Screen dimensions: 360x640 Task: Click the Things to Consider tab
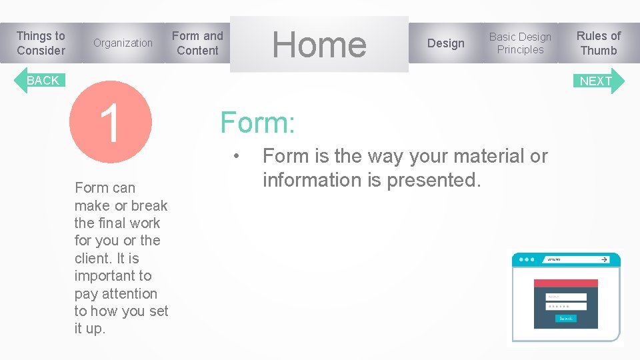coord(41,43)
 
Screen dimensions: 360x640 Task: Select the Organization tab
coord(123,43)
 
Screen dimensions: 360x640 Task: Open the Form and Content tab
coord(197,43)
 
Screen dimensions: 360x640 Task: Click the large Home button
coord(319,45)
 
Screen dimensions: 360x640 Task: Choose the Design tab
coord(445,43)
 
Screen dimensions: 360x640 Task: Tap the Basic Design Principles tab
coord(520,43)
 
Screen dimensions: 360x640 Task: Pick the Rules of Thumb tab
coord(598,43)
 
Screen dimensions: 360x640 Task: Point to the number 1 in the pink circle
coord(111,123)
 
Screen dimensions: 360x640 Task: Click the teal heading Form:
coord(258,123)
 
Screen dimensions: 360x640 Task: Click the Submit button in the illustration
coord(565,319)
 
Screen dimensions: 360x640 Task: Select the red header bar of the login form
coord(566,283)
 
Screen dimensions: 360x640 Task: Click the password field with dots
coord(566,307)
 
